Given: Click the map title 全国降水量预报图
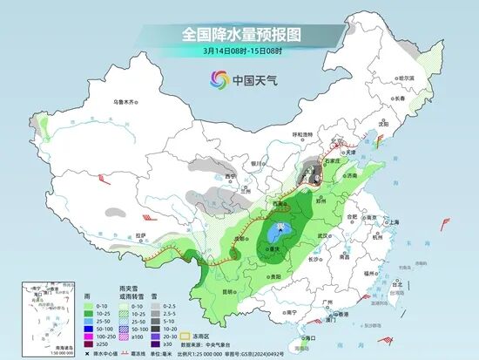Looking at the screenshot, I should click(239, 34).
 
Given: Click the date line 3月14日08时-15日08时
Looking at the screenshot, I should click(239, 51).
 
